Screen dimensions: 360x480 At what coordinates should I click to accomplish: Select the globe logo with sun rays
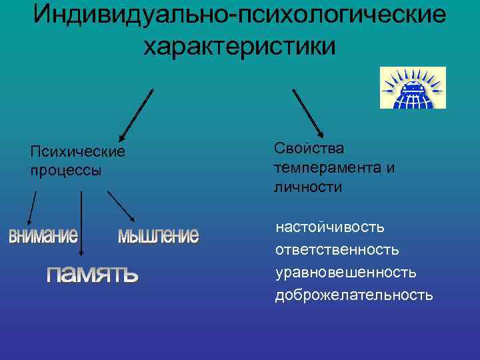(412, 87)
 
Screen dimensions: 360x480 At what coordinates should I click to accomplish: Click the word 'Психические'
(77, 152)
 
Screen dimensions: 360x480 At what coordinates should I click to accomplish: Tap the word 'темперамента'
(327, 167)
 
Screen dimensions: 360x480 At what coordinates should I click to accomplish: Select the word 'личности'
(308, 187)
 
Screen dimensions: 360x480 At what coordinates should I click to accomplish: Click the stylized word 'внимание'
(43, 236)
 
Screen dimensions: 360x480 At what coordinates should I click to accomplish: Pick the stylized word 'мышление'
(158, 235)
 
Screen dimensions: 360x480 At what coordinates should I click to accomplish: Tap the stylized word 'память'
(92, 273)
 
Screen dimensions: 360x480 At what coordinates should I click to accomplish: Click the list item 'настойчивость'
(330, 227)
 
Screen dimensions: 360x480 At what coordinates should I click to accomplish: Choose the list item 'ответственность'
(337, 250)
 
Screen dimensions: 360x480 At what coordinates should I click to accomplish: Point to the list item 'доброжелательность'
(354, 295)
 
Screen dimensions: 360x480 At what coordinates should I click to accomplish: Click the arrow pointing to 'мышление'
(121, 206)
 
